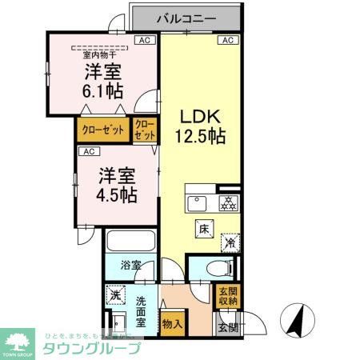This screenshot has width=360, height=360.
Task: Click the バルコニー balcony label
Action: click(185, 16)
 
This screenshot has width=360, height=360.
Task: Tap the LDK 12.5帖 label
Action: click(199, 125)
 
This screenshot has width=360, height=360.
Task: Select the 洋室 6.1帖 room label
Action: click(102, 79)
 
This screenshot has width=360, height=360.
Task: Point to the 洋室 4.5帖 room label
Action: click(116, 185)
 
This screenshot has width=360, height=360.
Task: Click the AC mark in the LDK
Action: click(226, 39)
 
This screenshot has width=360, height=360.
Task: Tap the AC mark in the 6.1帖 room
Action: click(145, 39)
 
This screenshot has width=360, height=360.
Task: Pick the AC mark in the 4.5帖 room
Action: click(87, 150)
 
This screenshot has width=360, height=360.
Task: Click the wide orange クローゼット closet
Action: click(103, 130)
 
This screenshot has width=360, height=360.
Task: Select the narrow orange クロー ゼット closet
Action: click(146, 129)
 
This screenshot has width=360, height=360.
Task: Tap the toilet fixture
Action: click(213, 270)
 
